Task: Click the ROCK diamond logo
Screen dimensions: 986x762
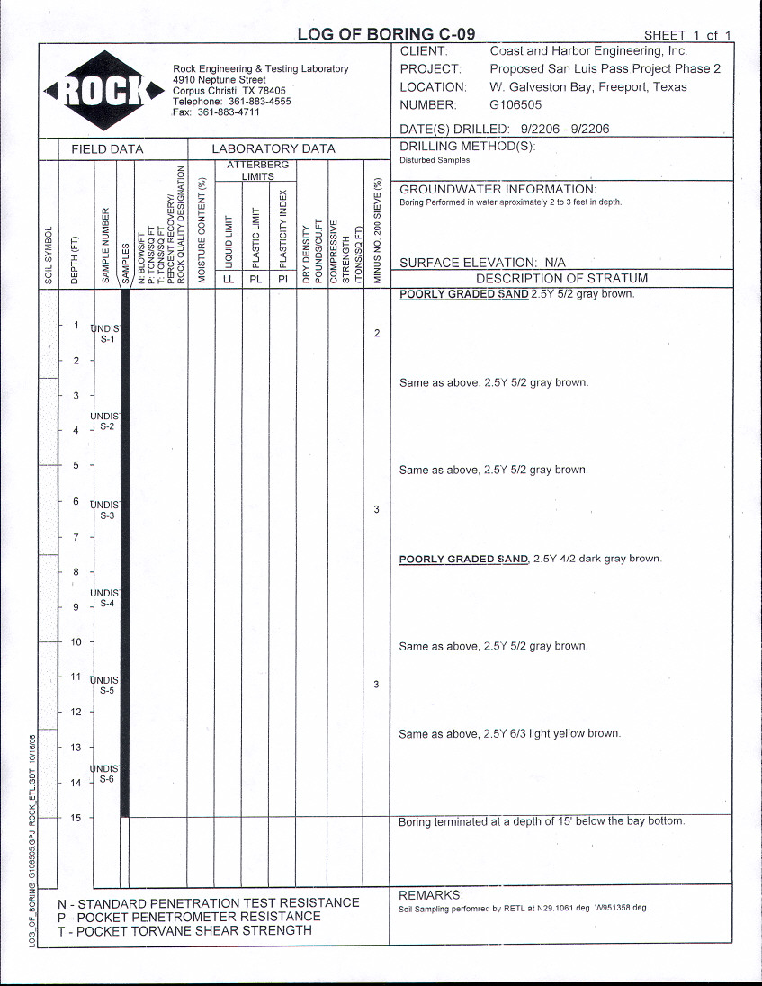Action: pos(100,89)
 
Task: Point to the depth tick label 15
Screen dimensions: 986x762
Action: pos(76,818)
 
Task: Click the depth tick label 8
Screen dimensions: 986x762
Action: pos(76,572)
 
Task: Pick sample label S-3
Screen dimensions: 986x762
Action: pos(107,516)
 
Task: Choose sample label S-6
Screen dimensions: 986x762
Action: pos(107,779)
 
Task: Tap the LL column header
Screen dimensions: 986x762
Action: pos(229,279)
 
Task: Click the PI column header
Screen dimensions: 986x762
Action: pos(282,279)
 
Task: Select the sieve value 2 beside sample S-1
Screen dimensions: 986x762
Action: pos(377,334)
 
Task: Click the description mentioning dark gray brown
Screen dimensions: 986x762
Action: pos(530,559)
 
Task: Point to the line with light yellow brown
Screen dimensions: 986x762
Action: pos(509,734)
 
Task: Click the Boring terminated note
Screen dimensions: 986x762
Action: pos(541,821)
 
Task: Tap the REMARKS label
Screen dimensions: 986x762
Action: pos(430,895)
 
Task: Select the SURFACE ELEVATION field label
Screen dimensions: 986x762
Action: pos(482,263)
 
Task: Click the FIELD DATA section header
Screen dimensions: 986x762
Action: pos(107,149)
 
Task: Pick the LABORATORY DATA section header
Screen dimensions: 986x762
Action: pos(273,149)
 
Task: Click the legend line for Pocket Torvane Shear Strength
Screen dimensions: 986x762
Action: pos(184,930)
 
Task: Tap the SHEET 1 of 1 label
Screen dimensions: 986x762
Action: pos(688,36)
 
